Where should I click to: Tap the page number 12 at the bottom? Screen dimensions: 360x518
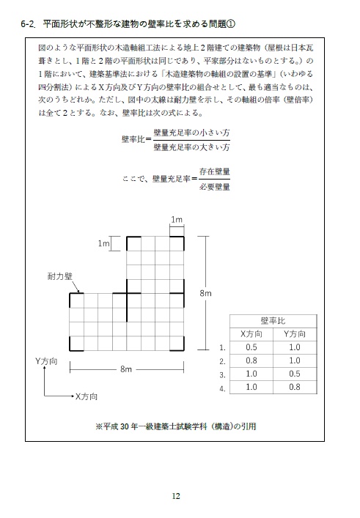tap(176, 495)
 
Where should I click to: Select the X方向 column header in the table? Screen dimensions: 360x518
tap(251, 333)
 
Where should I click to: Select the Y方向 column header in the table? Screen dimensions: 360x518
tap(294, 333)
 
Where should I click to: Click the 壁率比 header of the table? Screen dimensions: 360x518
tap(273, 320)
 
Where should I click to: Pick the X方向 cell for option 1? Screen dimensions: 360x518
tap(251, 347)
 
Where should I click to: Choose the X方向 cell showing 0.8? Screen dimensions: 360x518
tap(251, 360)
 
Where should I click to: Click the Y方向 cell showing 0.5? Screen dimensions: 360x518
tap(294, 374)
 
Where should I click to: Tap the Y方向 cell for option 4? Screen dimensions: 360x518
tap(294, 387)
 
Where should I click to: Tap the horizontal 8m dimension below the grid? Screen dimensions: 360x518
tap(126, 370)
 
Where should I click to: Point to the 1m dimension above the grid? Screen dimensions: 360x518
tap(176, 220)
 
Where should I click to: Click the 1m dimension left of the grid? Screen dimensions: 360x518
tap(103, 243)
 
